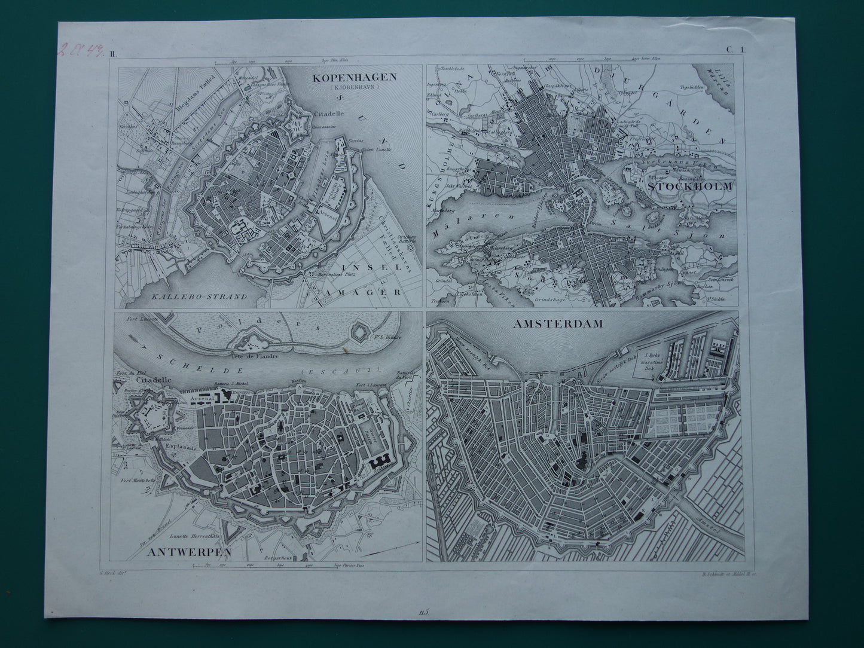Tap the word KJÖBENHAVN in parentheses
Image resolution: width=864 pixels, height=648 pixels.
[352, 88]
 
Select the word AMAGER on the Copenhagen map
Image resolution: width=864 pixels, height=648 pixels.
[365, 292]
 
